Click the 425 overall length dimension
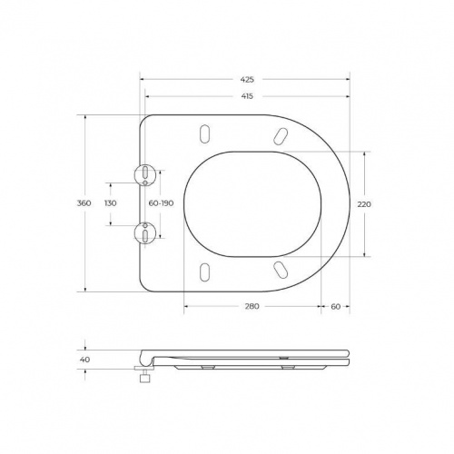point(247,80)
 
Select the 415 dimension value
point(247,96)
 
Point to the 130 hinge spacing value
point(111,204)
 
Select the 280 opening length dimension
point(252,307)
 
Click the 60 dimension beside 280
point(335,307)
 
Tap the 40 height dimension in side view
point(85,360)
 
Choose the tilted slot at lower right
point(280,270)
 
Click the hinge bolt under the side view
point(143,375)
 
